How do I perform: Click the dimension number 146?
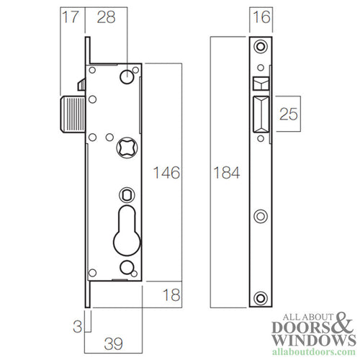point(166,173)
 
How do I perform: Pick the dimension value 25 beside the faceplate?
point(289,113)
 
